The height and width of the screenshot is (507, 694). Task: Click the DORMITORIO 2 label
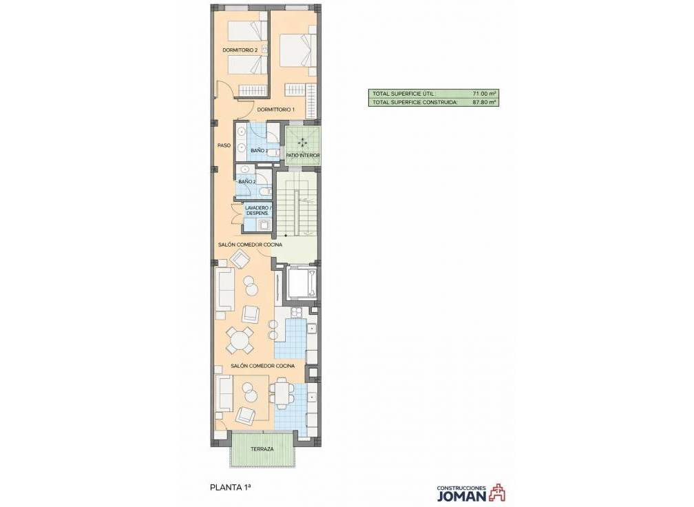click(x=240, y=50)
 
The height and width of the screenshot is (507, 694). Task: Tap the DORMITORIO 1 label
click(x=275, y=110)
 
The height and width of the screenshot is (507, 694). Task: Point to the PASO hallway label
click(x=223, y=145)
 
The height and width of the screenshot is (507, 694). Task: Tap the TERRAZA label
click(x=262, y=449)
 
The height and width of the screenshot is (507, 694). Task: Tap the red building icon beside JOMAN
click(x=498, y=492)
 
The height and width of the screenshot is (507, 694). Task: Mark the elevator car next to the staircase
click(x=302, y=282)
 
